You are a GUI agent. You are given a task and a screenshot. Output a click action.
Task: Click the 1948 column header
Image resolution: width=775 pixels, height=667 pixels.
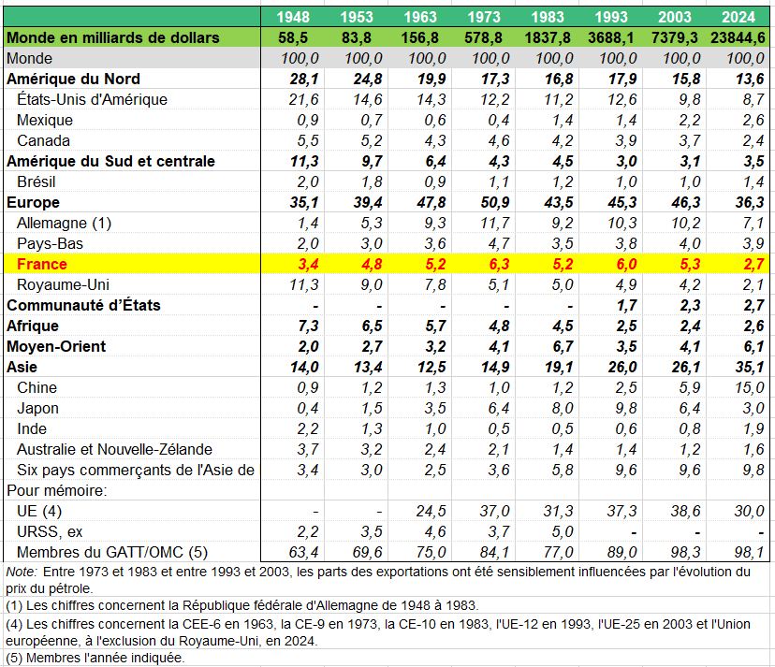(293, 17)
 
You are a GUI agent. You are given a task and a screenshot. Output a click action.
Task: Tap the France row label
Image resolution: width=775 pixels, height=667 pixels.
(42, 264)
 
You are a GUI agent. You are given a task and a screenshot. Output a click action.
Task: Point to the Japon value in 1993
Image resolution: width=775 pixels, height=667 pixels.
(610, 408)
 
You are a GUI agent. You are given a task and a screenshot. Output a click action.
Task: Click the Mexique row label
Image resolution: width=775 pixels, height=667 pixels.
(45, 120)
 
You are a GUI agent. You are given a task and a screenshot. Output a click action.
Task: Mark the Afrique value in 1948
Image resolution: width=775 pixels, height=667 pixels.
(293, 326)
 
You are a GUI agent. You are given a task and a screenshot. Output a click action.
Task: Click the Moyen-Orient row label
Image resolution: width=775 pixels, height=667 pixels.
(56, 346)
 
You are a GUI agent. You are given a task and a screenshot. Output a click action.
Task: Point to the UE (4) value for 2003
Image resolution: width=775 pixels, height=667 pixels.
(674, 511)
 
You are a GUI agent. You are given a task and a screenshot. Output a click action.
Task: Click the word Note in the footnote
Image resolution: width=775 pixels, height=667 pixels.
(20, 571)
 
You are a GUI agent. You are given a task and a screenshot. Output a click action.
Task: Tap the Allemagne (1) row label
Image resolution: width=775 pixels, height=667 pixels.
(64, 223)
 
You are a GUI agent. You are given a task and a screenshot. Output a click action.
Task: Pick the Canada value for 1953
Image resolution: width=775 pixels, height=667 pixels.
(357, 140)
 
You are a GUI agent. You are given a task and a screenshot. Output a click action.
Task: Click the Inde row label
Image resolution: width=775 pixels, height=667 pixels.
(33, 428)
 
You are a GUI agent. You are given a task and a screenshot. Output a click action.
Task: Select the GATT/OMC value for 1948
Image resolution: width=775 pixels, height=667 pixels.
(293, 552)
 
